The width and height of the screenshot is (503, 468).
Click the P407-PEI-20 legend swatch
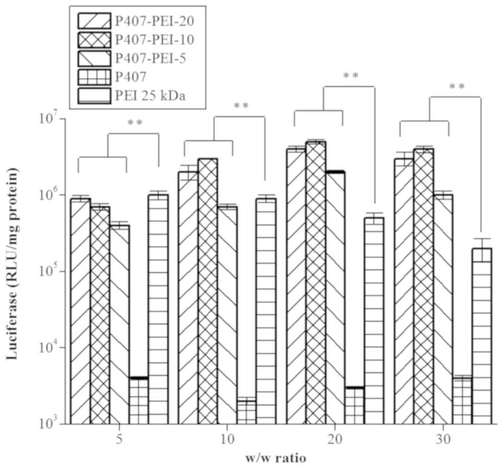[95, 20]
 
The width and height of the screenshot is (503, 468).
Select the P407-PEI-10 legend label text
[154, 40]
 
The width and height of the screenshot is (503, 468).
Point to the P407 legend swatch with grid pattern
[95, 77]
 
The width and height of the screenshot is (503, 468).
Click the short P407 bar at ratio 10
[246, 412]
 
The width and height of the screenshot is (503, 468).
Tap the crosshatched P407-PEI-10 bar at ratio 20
[316, 282]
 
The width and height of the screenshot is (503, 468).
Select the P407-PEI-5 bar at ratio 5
[119, 324]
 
